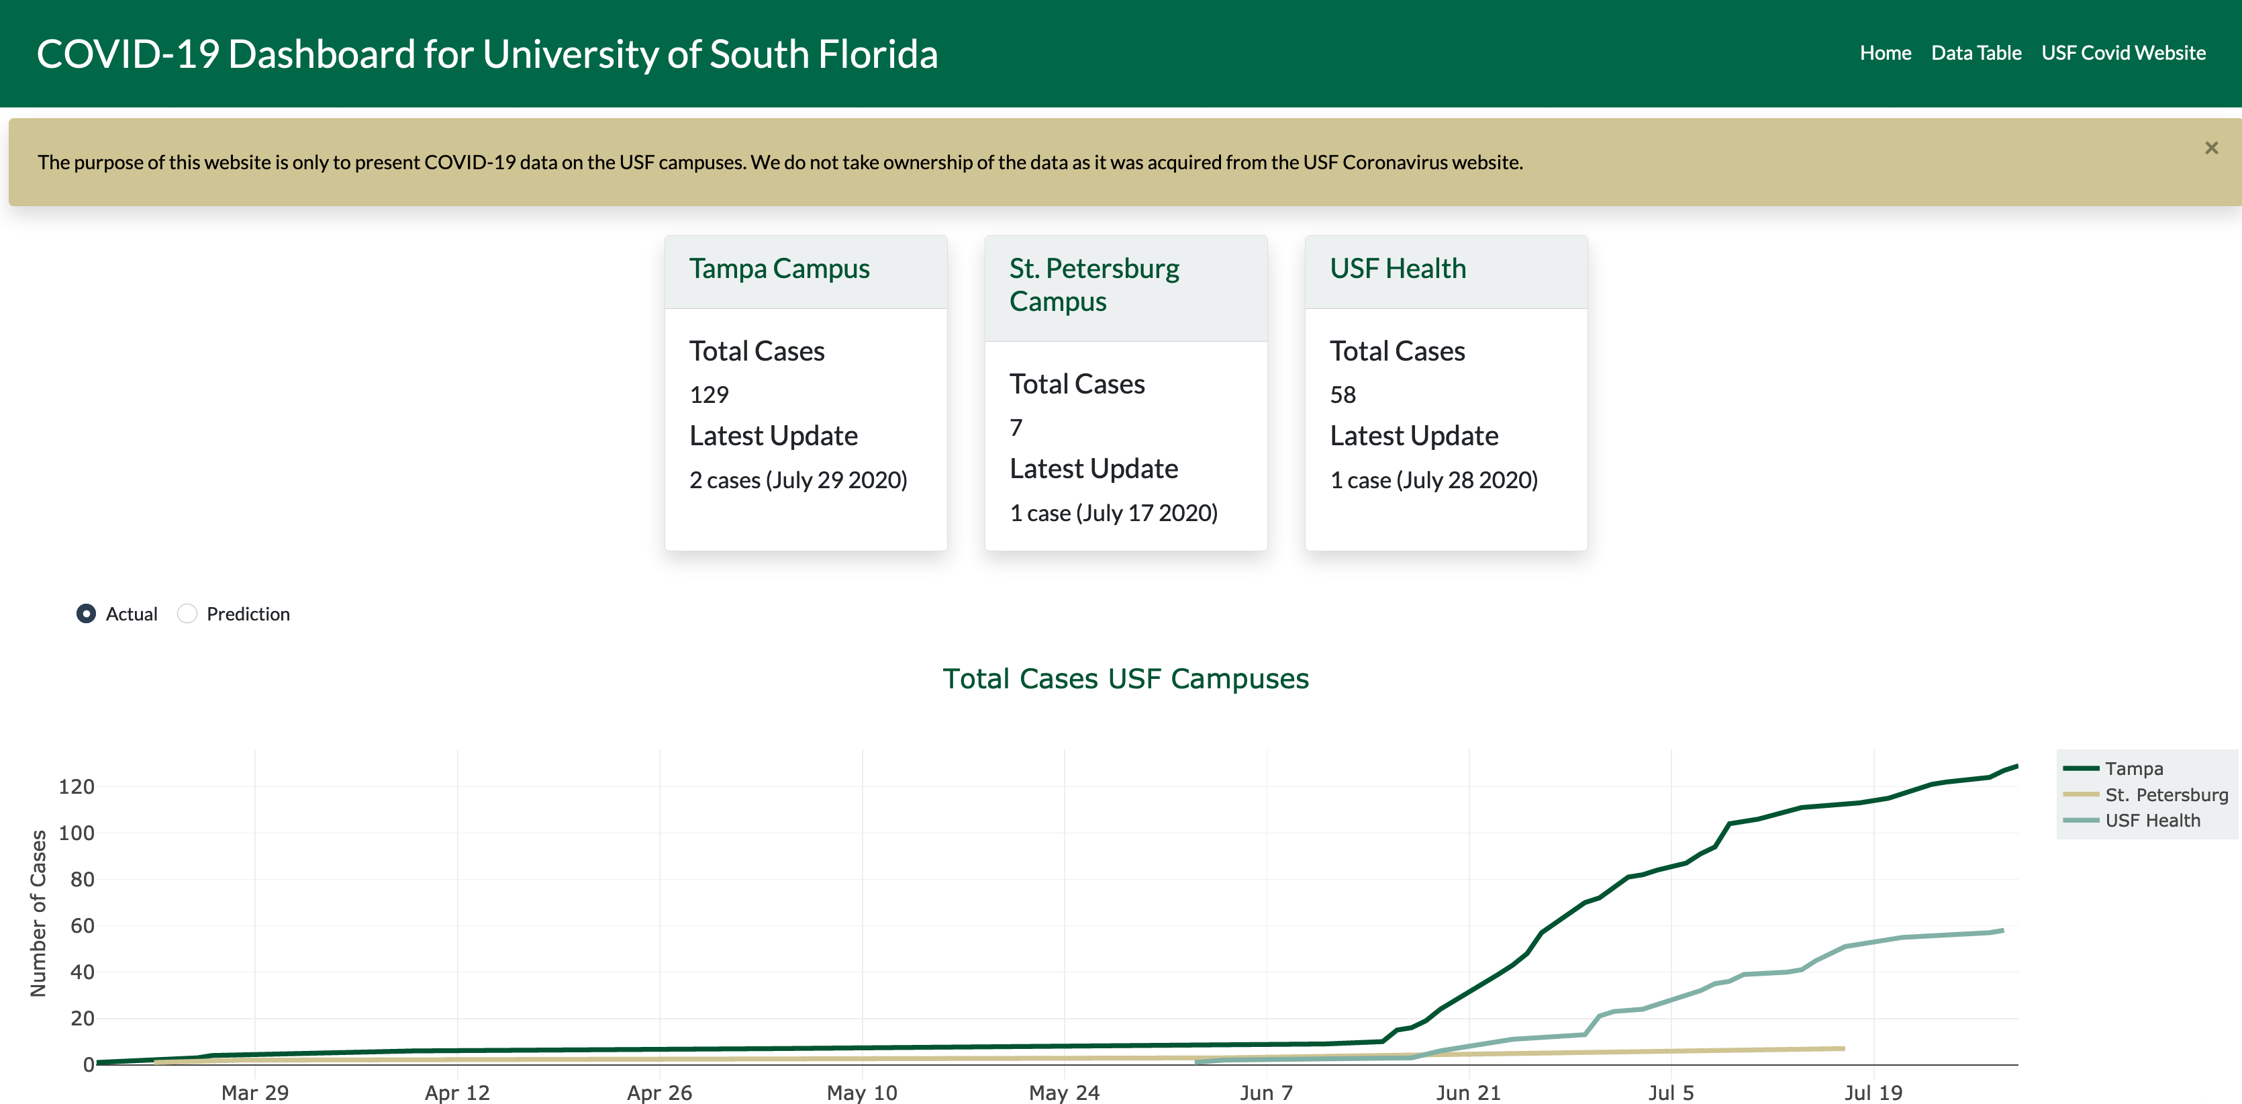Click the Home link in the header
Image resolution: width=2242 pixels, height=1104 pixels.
[x=1884, y=53]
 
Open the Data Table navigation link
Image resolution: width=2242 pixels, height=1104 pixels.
[x=1975, y=53]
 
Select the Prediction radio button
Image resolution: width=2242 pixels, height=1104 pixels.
[x=187, y=614]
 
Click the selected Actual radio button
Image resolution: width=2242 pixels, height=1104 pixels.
[x=86, y=614]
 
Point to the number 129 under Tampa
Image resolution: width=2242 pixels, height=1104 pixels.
[x=708, y=394]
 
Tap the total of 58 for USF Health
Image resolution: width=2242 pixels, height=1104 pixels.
[x=1342, y=394]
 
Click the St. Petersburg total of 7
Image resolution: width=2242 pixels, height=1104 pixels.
[x=1016, y=428]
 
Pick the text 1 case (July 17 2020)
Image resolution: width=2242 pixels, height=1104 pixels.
[x=1113, y=513]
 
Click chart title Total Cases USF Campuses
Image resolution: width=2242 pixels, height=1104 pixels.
[x=1124, y=678]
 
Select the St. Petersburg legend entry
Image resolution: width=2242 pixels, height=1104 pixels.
[x=2165, y=794]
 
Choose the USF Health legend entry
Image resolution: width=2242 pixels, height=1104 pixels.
[x=2151, y=820]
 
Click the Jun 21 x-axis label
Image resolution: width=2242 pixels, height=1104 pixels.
[x=1468, y=1092]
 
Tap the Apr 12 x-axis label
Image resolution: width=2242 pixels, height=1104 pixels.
[x=457, y=1092]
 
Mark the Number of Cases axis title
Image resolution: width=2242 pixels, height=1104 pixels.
[x=38, y=913]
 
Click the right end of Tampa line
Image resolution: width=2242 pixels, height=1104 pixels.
[x=2016, y=767]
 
